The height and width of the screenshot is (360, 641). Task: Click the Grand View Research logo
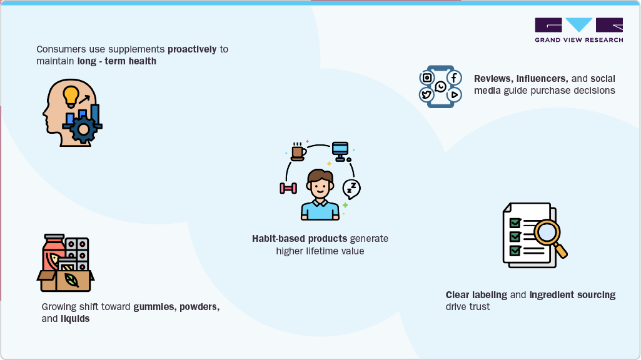[x=578, y=29]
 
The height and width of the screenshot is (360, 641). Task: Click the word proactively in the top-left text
[x=192, y=49]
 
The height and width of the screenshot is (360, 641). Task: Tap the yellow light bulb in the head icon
[x=71, y=95]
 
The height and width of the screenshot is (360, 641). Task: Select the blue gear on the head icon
[x=82, y=131]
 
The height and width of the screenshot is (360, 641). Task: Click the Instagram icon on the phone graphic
[x=427, y=77]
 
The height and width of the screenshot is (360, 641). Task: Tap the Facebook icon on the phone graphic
[x=454, y=77]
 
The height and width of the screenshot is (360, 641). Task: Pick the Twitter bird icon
[x=427, y=95]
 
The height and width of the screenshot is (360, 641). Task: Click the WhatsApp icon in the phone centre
[x=441, y=86]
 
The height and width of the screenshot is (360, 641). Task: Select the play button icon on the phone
[x=454, y=95]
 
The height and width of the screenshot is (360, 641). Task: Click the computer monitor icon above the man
[x=340, y=150]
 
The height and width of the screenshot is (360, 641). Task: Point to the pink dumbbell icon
[x=288, y=188]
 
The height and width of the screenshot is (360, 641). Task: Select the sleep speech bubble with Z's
[x=351, y=187]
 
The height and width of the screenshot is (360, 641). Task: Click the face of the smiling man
[x=320, y=186]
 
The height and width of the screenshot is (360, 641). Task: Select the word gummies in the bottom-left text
[x=153, y=307]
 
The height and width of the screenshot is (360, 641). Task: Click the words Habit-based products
[x=300, y=239]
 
